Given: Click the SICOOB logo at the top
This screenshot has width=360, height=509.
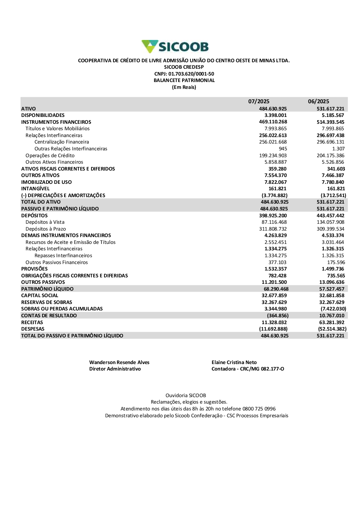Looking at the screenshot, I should (x=175, y=47).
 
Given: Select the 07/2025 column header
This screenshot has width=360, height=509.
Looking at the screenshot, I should (x=258, y=101).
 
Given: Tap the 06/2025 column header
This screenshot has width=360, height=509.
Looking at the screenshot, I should (x=318, y=101).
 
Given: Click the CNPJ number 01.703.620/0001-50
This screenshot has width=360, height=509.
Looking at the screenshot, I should (x=191, y=74).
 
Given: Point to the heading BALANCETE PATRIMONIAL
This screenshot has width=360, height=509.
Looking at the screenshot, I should (x=184, y=80).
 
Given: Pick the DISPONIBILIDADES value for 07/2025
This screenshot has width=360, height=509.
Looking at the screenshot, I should (x=275, y=115).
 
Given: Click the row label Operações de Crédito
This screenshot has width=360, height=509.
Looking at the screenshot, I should (x=50, y=155).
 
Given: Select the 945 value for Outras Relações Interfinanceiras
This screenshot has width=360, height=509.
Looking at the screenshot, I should (x=283, y=149).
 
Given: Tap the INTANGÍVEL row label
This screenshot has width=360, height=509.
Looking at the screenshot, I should (x=35, y=188).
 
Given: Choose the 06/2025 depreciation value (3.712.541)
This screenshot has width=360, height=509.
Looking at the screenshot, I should (x=333, y=195).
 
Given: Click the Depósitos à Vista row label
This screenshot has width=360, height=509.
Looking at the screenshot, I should (x=45, y=222).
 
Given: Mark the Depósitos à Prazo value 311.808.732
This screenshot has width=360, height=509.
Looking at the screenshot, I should (x=273, y=229).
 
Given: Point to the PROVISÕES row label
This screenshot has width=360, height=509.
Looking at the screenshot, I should (x=34, y=269).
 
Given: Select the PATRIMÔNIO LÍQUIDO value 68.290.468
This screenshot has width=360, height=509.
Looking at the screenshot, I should (x=276, y=289).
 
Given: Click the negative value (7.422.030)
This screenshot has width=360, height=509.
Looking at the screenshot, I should (x=333, y=309).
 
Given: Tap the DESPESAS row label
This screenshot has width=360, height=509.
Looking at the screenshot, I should (x=33, y=329).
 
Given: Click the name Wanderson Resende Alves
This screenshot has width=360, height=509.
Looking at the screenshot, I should (x=119, y=362).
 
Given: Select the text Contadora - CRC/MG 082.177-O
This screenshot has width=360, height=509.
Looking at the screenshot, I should (x=248, y=369).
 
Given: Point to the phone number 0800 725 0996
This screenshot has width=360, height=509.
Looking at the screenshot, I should (x=259, y=409).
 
